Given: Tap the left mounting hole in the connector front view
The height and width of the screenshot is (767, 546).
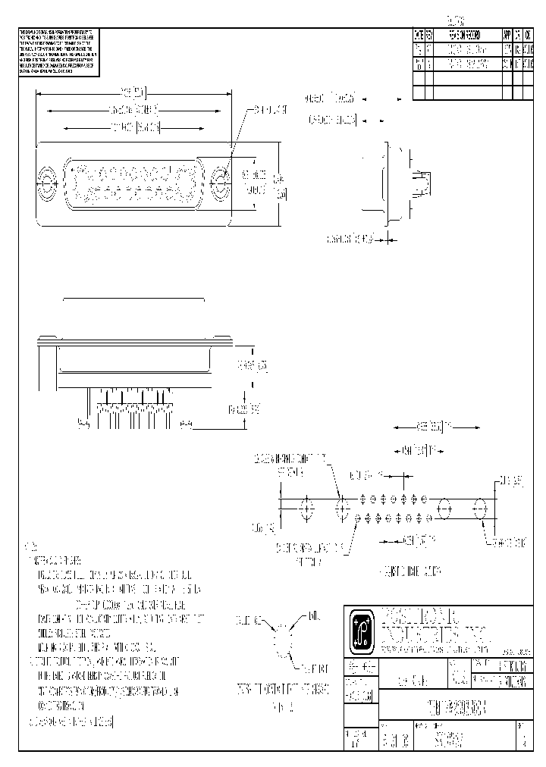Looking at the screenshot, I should click(x=47, y=182).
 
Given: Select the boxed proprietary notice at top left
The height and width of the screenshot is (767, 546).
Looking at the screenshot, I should click(x=59, y=52).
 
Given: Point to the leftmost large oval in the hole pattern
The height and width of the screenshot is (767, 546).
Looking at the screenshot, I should click(x=306, y=508).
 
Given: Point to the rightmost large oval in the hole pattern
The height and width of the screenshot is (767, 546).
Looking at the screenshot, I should click(x=480, y=508).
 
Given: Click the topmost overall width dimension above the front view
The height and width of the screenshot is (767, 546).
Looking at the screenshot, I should click(x=133, y=93).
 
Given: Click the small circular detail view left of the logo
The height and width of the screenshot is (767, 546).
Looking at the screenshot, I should click(x=282, y=643).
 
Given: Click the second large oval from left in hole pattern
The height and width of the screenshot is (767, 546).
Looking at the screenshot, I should click(x=340, y=508).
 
